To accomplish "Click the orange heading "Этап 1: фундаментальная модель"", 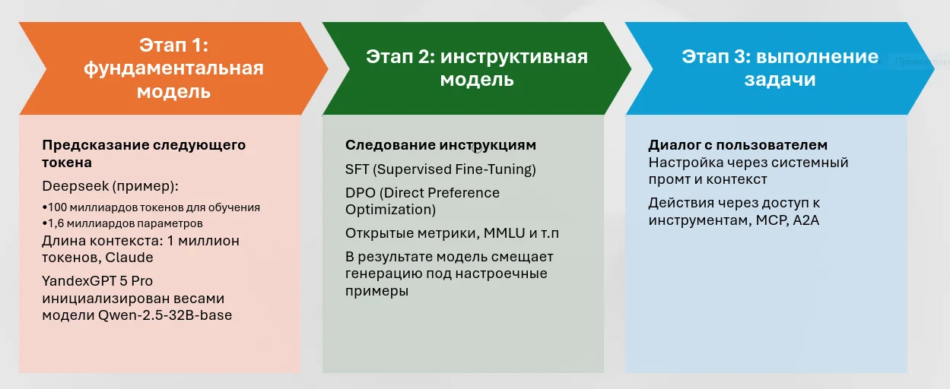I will click(x=173, y=68).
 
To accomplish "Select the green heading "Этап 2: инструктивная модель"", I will click(x=477, y=68).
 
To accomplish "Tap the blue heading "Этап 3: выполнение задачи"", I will click(x=780, y=68).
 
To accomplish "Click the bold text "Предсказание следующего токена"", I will click(x=144, y=153).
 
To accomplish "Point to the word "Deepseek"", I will click(x=71, y=187).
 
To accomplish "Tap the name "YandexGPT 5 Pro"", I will click(x=97, y=281).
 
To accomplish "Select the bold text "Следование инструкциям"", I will click(x=440, y=145).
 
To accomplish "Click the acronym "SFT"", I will click(x=357, y=169).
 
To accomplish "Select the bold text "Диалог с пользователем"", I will click(x=738, y=145).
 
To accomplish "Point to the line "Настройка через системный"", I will click(x=748, y=163).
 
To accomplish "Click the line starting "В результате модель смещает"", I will click(x=450, y=257).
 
